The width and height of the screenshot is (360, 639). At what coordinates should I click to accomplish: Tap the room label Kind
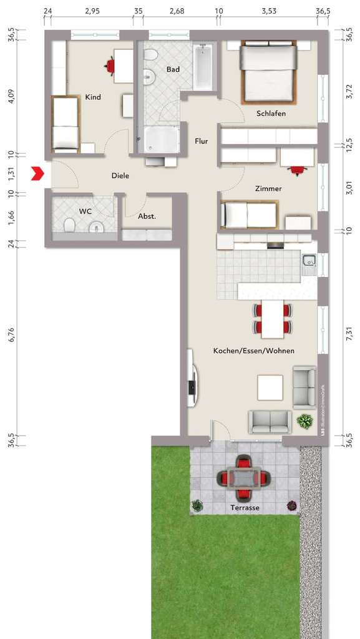(93, 97)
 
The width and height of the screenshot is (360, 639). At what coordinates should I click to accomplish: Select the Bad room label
(173, 69)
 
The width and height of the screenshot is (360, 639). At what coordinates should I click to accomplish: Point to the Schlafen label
(271, 114)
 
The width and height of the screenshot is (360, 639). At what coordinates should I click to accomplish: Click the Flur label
(201, 141)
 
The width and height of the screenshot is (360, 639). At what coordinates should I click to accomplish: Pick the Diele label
(120, 176)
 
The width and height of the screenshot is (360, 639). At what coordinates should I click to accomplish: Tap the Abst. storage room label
(147, 217)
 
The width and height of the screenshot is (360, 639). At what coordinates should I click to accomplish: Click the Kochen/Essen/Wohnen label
(253, 351)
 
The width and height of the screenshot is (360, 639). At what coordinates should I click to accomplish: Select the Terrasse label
(244, 508)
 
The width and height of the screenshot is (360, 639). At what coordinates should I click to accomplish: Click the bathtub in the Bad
(203, 67)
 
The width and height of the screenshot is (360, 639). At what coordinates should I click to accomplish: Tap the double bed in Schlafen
(268, 72)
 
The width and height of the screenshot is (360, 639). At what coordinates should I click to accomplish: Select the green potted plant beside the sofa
(304, 422)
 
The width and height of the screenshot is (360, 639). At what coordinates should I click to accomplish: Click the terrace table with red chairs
(243, 478)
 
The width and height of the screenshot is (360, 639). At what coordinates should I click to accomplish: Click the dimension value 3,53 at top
(268, 11)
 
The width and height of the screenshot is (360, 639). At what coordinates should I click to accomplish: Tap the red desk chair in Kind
(110, 65)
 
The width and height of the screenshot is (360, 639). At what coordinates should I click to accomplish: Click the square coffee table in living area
(271, 388)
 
